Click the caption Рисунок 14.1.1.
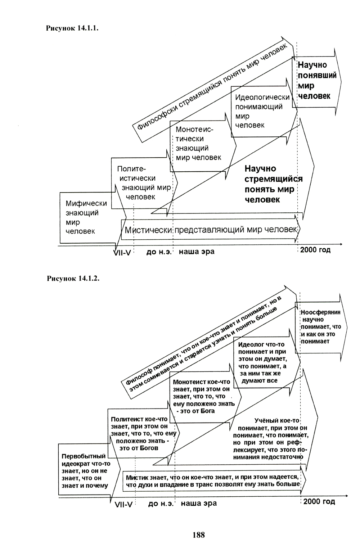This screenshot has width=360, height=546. pyautogui.click(x=72, y=28)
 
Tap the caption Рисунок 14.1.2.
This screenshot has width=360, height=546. pyautogui.click(x=72, y=279)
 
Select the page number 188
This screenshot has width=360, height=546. pyautogui.click(x=199, y=535)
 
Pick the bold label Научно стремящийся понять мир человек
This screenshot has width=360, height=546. pyautogui.click(x=273, y=184)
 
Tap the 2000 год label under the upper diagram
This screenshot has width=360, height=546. pyautogui.click(x=315, y=250)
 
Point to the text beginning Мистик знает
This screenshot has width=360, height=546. pyautogui.click(x=213, y=480)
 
